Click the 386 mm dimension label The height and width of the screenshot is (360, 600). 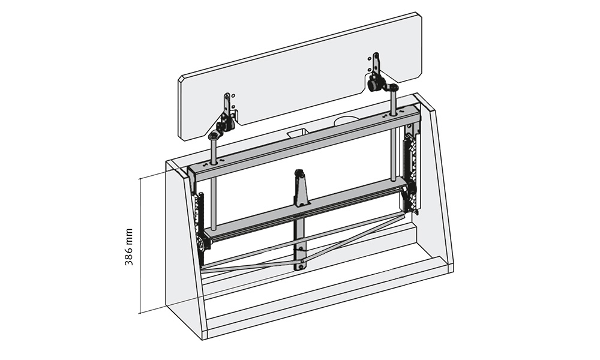pyautogui.click(x=129, y=247)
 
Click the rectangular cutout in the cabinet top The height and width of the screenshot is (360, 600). pyautogui.click(x=296, y=133)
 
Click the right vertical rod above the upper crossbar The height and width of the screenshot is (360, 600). pyautogui.click(x=394, y=101)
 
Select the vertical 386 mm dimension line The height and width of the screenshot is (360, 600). pyautogui.click(x=140, y=245)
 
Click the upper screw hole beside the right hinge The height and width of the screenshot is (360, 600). pyautogui.click(x=370, y=58)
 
